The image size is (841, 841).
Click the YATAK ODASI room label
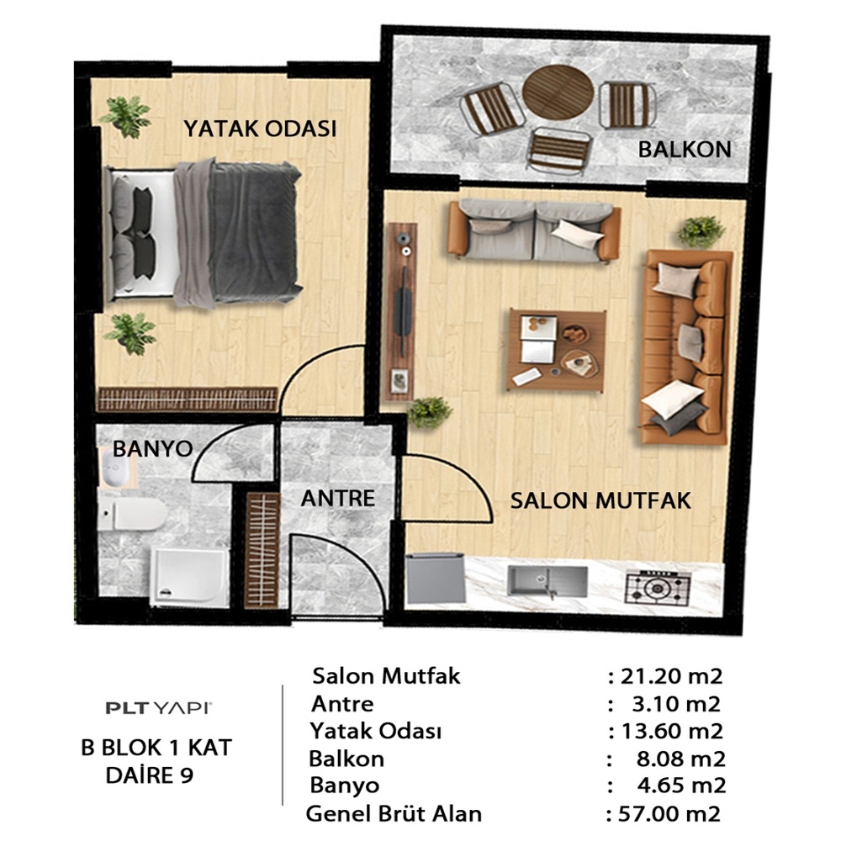click(260, 129)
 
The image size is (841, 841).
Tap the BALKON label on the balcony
click(685, 149)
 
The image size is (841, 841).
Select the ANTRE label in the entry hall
click(338, 498)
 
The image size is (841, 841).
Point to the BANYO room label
click(153, 448)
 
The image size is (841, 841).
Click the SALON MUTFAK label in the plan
click(600, 500)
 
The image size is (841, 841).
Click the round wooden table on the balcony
click(558, 93)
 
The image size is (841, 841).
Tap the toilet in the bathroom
click(132, 514)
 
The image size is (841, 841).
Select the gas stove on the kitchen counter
click(658, 589)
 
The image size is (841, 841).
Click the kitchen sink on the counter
click(547, 583)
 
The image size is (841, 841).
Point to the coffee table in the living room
click(557, 350)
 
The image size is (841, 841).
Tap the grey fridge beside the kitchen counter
click(435, 579)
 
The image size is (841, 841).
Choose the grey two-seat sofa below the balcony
click(534, 230)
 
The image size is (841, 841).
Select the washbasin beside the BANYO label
click(116, 468)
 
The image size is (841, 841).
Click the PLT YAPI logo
click(159, 708)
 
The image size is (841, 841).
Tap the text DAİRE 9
click(150, 775)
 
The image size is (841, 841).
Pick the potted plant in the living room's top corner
click(701, 232)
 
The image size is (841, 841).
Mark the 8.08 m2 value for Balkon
click(681, 759)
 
